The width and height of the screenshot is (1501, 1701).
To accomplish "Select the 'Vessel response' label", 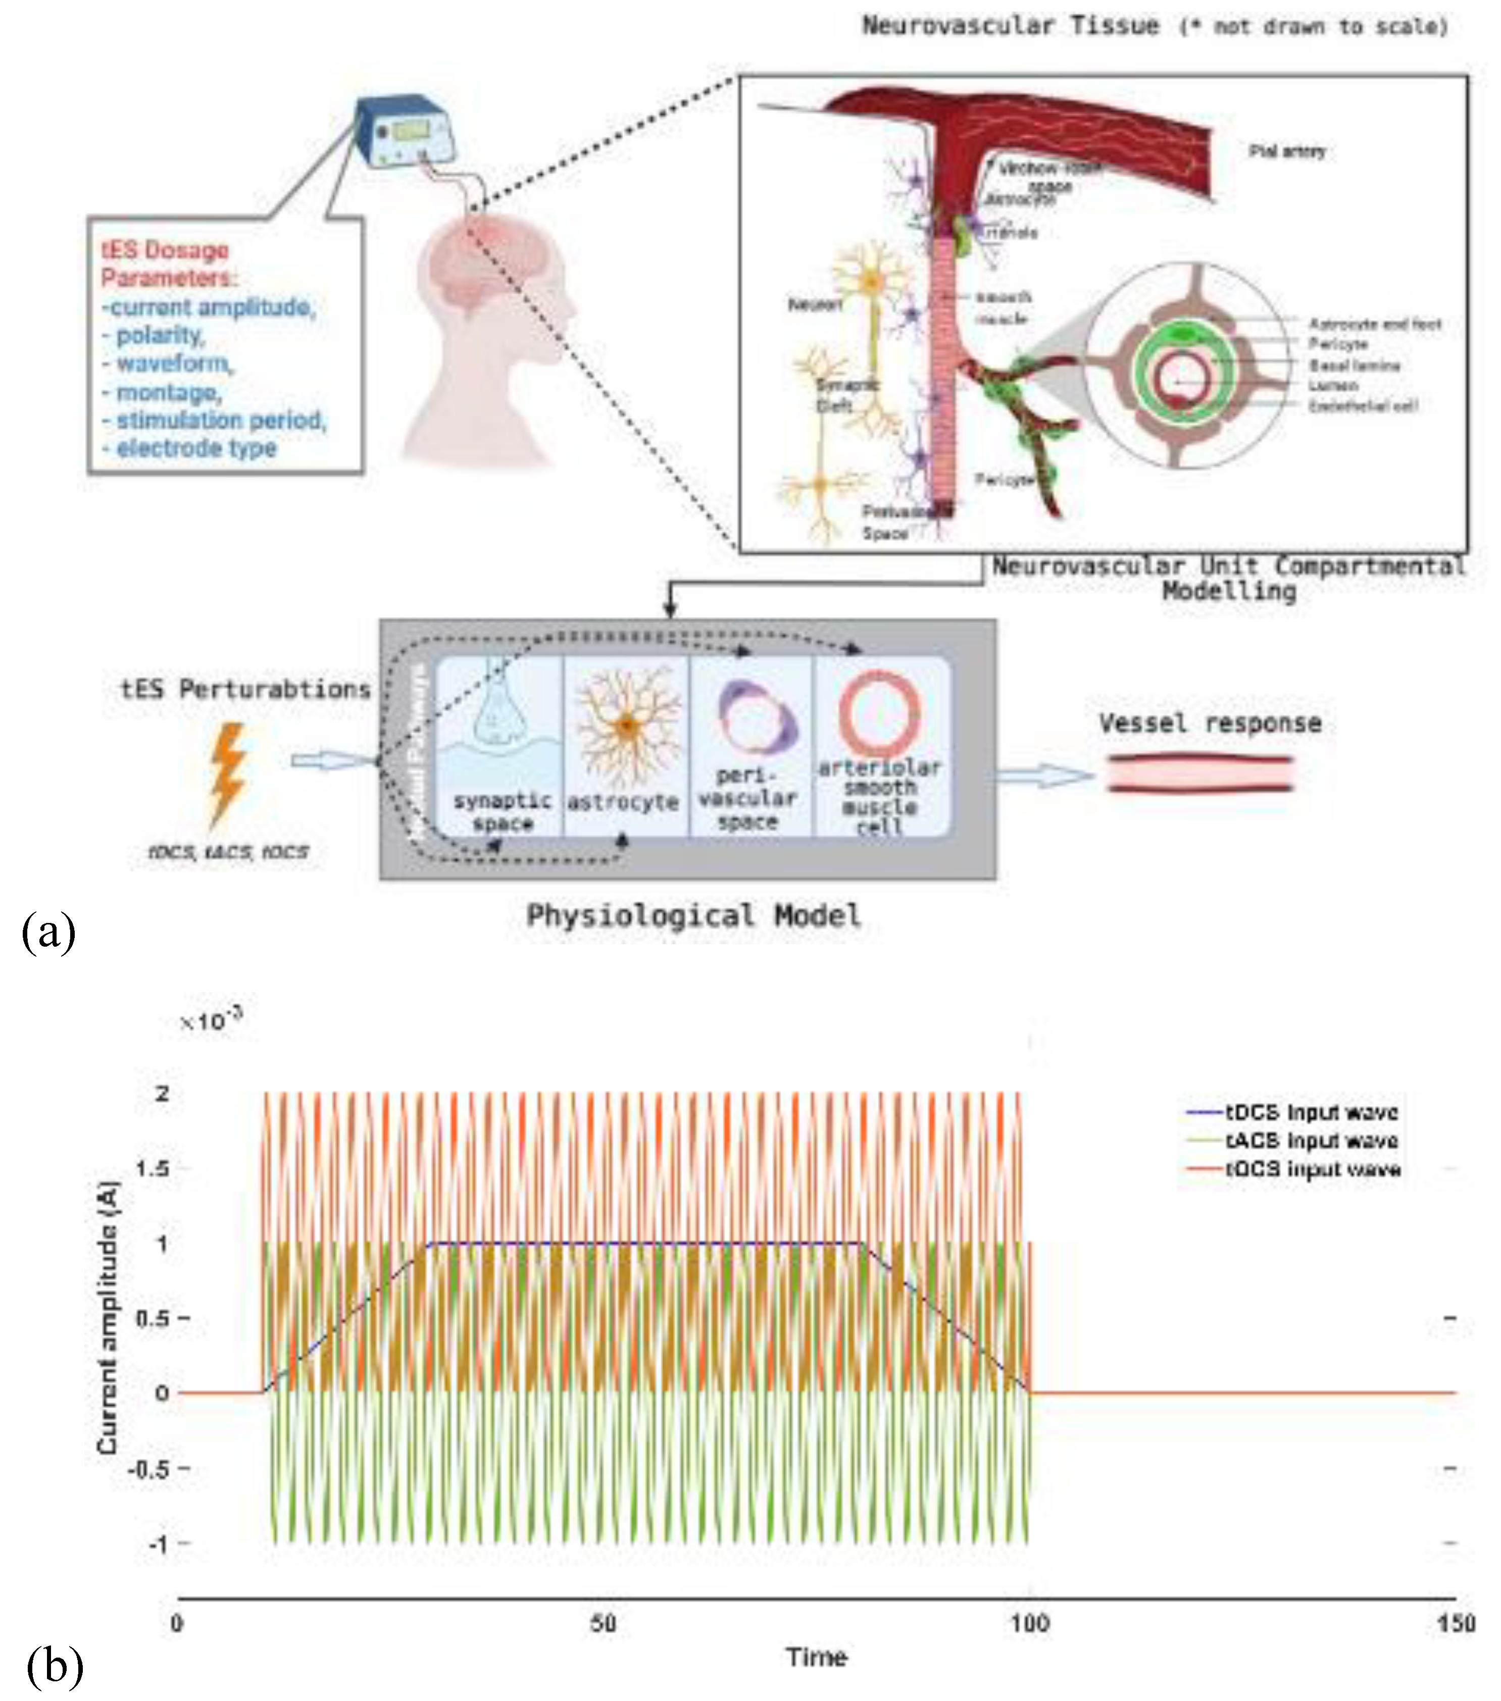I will click(1210, 723).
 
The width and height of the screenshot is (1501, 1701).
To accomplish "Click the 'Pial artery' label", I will click(1287, 151).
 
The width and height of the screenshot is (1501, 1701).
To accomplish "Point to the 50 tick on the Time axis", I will click(603, 1623).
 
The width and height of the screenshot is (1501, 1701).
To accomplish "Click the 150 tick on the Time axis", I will click(1455, 1623).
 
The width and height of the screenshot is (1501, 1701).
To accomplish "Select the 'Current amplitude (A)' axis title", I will click(108, 1318).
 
